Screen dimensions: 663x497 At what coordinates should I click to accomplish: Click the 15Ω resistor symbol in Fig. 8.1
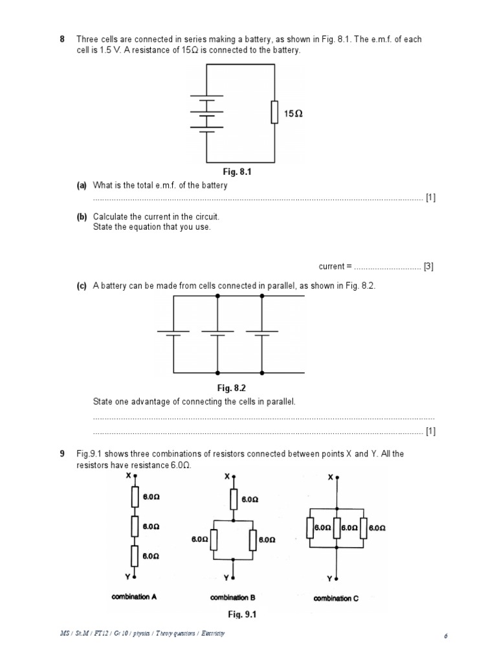click(274, 113)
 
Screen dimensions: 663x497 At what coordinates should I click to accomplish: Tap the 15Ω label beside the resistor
click(293, 113)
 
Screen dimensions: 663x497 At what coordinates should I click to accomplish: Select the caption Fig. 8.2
click(232, 388)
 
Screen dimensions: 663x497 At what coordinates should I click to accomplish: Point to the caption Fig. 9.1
click(242, 614)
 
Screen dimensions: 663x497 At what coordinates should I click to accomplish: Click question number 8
click(63, 39)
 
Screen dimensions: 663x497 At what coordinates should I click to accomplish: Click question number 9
click(63, 454)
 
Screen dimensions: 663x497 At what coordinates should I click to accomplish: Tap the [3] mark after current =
click(428, 266)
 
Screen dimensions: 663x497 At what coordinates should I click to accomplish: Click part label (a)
click(82, 186)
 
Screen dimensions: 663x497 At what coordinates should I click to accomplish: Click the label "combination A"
click(134, 597)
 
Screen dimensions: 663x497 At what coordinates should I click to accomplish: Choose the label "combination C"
click(336, 599)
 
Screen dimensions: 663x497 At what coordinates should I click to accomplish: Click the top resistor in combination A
click(135, 497)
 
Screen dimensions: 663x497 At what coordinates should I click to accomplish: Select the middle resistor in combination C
click(336, 528)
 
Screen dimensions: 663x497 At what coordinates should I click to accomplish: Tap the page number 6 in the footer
click(446, 636)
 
